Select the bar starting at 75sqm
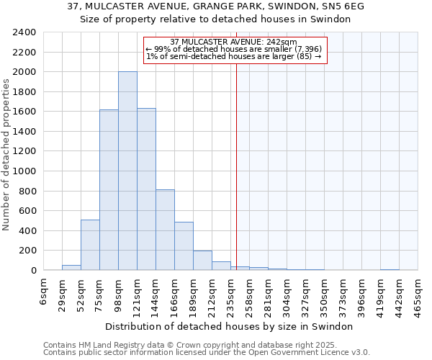(109, 190)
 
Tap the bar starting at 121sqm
(146, 189)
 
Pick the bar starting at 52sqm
(90, 245)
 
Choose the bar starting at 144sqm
(165, 230)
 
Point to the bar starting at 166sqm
(184, 246)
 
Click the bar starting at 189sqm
(202, 261)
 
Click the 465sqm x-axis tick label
(418, 293)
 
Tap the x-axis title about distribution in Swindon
(234, 326)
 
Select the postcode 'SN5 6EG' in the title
(344, 6)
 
